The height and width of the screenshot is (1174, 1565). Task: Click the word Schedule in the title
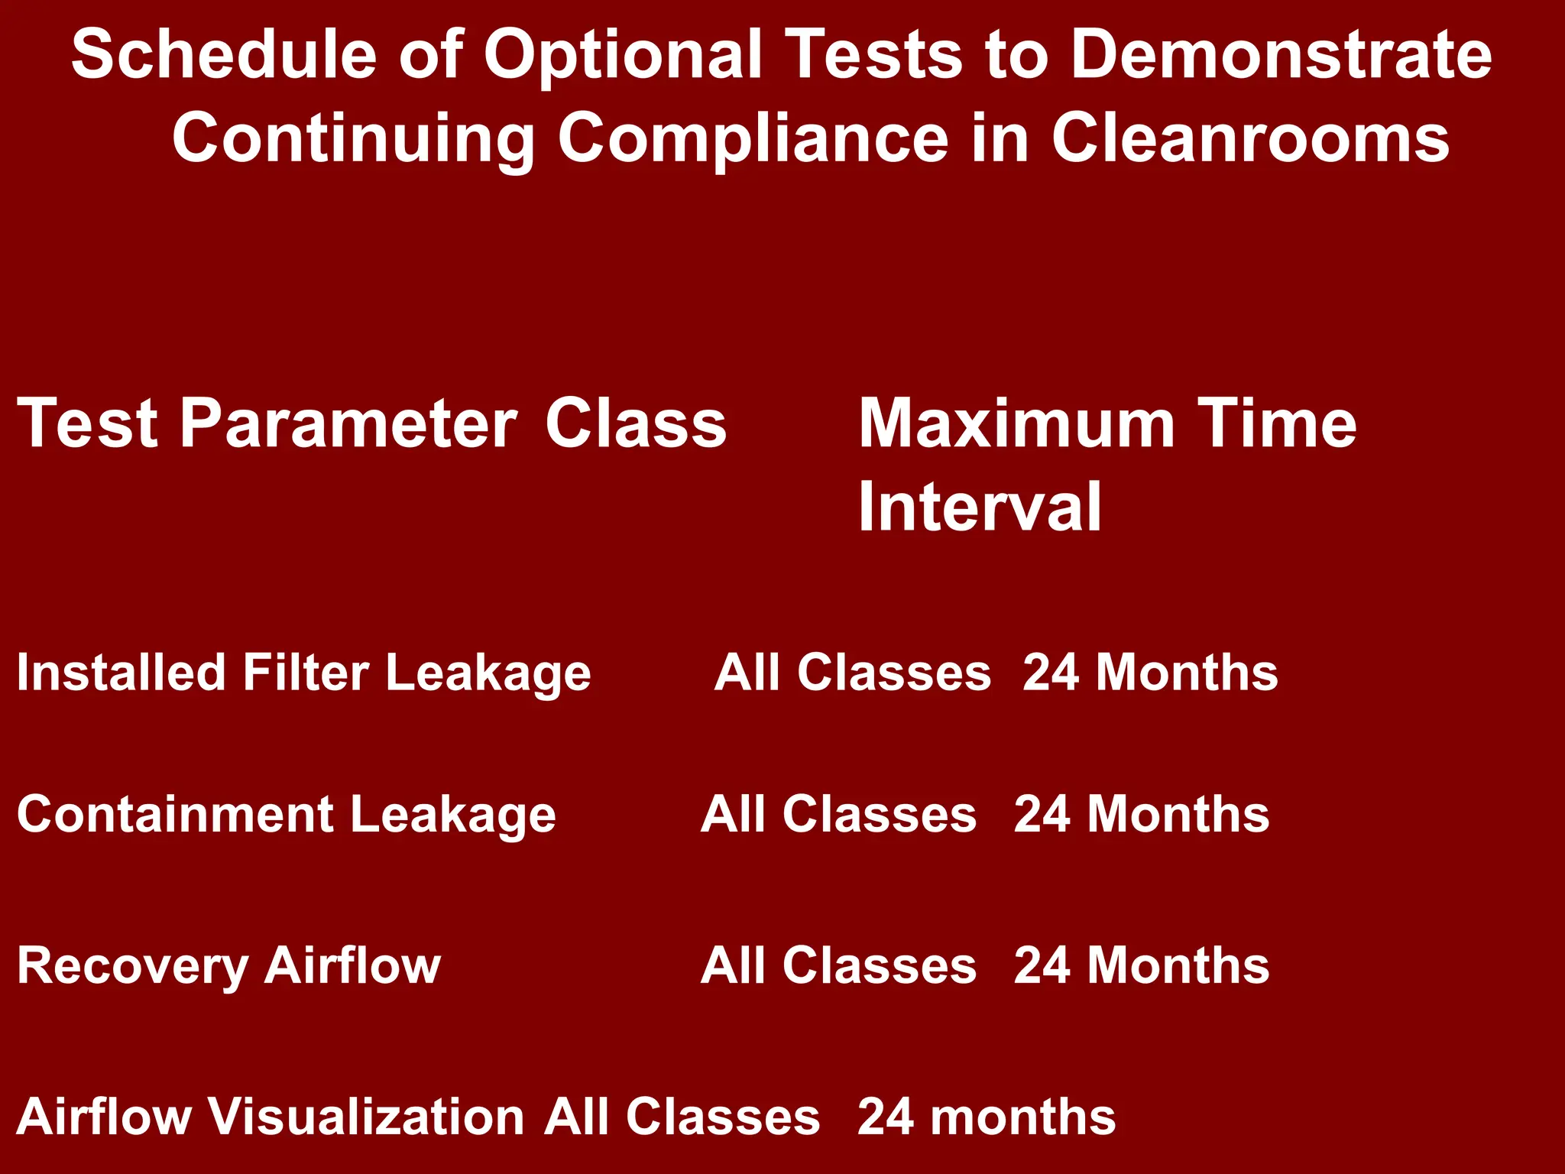[x=224, y=55]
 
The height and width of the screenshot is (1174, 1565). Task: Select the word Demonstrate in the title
[x=1281, y=55]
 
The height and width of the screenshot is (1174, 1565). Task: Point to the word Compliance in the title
[x=753, y=139]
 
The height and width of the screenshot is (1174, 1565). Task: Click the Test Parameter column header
[x=267, y=424]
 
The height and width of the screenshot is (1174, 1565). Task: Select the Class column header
[x=636, y=424]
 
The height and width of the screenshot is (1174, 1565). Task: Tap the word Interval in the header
[x=980, y=507]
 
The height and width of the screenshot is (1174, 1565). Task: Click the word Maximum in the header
[x=1016, y=424]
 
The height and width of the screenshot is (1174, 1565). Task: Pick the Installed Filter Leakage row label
[x=303, y=673]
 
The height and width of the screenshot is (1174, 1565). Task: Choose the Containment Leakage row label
[x=286, y=815]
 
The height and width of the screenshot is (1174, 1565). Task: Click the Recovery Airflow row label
[x=228, y=966]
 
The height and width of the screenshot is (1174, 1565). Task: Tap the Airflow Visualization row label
[x=269, y=1117]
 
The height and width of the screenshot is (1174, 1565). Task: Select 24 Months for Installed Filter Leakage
[x=1150, y=673]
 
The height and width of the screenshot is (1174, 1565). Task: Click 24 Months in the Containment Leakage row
[x=1142, y=815]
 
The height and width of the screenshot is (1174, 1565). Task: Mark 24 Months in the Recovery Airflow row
[x=1142, y=966]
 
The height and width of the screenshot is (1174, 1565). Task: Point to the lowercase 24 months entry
[x=987, y=1117]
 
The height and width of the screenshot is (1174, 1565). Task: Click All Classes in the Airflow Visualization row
[x=682, y=1117]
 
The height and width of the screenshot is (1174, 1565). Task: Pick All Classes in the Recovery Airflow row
[x=838, y=966]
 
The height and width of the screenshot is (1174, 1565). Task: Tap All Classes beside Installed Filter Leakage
[x=853, y=673]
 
